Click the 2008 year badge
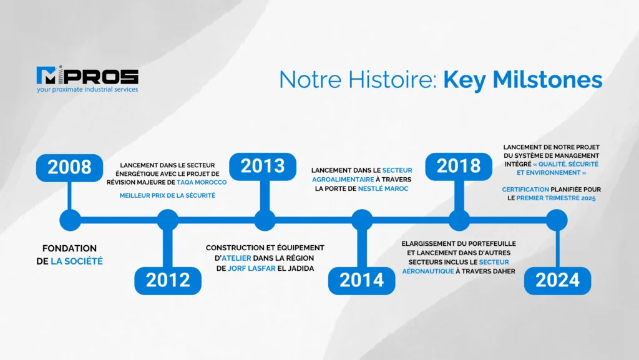point(69,167)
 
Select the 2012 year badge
point(168,281)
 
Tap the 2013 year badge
point(263,167)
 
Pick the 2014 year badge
point(361,281)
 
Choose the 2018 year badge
point(459,167)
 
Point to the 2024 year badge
point(557,281)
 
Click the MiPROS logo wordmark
point(87,75)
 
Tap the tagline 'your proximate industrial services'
point(87,89)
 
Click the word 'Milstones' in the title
point(547,79)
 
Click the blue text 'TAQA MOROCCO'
point(202,182)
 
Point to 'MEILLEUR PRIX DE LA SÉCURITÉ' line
point(167,195)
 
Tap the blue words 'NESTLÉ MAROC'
point(383,188)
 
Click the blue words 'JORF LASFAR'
point(251,268)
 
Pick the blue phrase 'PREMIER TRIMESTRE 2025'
point(556,198)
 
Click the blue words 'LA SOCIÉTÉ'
point(77,261)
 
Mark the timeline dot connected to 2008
point(70,220)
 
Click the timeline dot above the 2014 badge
point(362,220)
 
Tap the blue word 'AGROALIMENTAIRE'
point(343,180)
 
